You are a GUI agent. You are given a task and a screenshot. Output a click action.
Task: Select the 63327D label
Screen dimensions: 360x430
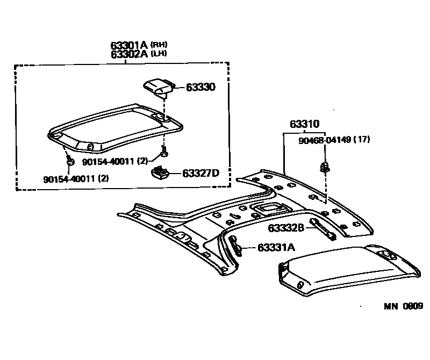(200, 173)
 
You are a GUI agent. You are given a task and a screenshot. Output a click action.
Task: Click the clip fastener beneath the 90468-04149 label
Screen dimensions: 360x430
(325, 167)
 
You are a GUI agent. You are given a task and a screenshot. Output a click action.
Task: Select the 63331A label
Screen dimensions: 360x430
(276, 248)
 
